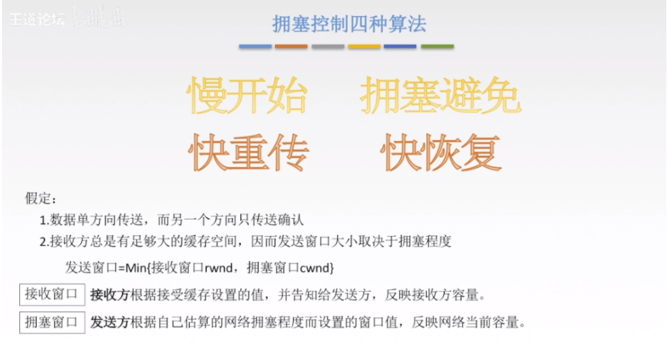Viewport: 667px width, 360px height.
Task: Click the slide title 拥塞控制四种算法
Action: pyautogui.click(x=349, y=24)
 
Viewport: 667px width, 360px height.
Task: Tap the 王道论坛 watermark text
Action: pyautogui.click(x=37, y=19)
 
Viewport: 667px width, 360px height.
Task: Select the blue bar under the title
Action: pyautogui.click(x=256, y=47)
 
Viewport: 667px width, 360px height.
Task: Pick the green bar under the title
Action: pyautogui.click(x=437, y=47)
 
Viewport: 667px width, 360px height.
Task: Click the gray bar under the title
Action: pyautogui.click(x=328, y=47)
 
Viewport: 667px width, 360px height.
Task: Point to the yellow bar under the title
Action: pyautogui.click(x=364, y=47)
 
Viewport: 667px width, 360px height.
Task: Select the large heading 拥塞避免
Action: pyautogui.click(x=440, y=95)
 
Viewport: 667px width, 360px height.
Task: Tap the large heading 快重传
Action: pyautogui.click(x=248, y=152)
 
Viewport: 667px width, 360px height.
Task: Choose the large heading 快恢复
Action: pyautogui.click(x=441, y=152)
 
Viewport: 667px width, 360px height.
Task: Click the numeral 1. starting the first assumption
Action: pyautogui.click(x=44, y=220)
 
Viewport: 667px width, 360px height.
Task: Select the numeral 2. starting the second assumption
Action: pyautogui.click(x=44, y=242)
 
